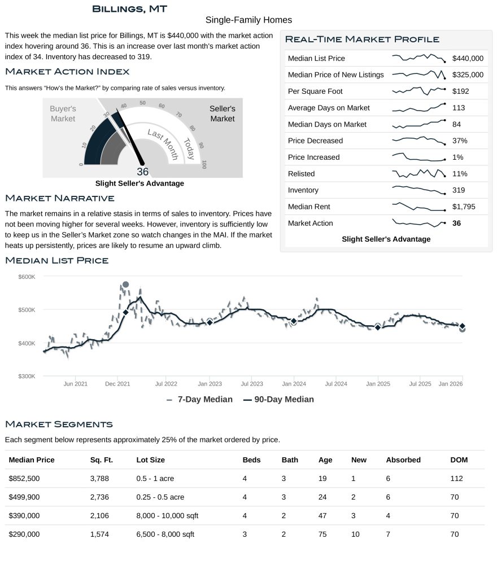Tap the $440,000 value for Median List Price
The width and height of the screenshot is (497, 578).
point(468,58)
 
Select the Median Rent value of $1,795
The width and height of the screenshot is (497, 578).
point(464,207)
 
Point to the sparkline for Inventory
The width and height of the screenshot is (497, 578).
point(418,190)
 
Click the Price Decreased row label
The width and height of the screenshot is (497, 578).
point(315,141)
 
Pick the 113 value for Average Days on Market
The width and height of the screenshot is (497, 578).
point(459,108)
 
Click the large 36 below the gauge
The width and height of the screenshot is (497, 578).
point(142,172)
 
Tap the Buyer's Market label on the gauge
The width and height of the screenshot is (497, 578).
point(63,113)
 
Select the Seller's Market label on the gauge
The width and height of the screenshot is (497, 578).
point(222,113)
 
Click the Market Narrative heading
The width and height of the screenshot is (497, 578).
point(59,198)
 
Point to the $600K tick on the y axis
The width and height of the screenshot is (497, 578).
point(27,277)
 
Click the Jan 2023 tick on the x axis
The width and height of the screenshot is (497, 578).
point(210,384)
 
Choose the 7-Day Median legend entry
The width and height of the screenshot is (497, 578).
point(200,399)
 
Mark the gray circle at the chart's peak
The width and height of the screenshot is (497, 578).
point(125,284)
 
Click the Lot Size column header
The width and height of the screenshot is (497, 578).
point(151,460)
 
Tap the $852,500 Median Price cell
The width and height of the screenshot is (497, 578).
point(24,479)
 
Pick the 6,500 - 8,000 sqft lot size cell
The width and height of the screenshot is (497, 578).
point(165,534)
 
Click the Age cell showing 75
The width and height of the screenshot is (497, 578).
point(322,534)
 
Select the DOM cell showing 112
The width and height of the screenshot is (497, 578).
point(456,479)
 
